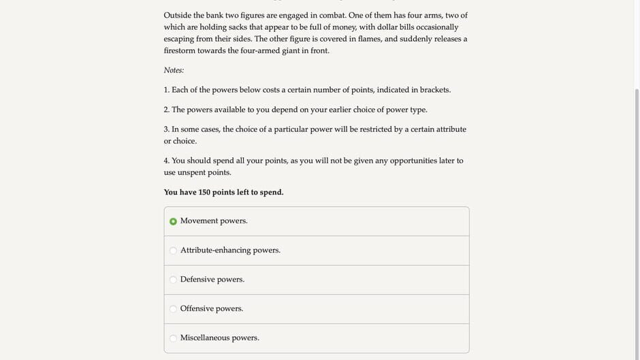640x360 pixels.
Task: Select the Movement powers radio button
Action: pos(173,221)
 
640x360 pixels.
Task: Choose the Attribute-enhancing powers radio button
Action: pos(173,250)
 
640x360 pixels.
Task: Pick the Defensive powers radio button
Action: pos(173,280)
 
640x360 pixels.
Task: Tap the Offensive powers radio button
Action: pos(173,309)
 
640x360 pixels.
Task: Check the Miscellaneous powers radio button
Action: pos(173,338)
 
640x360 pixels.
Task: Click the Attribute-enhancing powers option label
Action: pos(230,250)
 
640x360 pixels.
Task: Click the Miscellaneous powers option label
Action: pos(219,338)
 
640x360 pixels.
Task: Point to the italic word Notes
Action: pos(173,70)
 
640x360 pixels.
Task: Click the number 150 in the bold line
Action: pos(204,193)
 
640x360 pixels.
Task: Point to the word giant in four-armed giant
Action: pos(293,51)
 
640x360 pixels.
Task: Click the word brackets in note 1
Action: pos(434,90)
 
